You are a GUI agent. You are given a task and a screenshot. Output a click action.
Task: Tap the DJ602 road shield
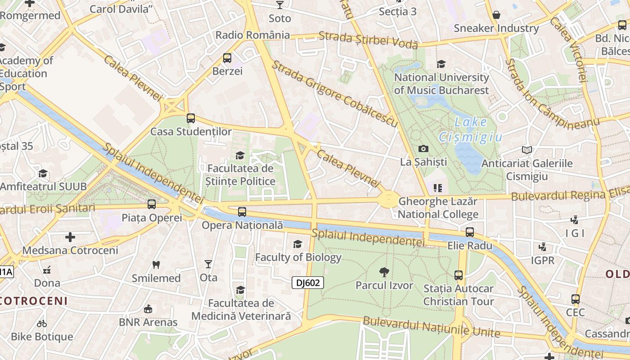tap(308, 283)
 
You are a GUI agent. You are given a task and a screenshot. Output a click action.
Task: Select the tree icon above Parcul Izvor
tap(384, 272)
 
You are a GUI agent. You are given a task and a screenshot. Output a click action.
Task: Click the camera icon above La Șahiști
tap(423, 148)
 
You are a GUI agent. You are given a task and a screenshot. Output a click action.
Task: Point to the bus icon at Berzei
tap(227, 58)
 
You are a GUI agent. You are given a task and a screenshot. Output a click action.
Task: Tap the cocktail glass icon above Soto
tap(280, 5)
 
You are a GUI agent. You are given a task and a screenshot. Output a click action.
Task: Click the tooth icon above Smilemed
tap(156, 265)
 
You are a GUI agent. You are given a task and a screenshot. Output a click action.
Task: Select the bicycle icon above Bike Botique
tap(42, 323)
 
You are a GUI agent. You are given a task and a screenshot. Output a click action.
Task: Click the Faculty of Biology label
tap(298, 257)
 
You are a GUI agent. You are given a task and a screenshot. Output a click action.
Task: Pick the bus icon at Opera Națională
tap(242, 211)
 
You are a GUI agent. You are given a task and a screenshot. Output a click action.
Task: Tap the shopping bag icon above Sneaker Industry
tap(496, 15)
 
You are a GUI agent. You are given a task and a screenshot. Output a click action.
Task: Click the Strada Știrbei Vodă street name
tap(369, 40)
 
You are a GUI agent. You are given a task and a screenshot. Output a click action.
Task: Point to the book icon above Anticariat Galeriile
tap(526, 150)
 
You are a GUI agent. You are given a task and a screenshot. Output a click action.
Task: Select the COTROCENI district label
tap(34, 301)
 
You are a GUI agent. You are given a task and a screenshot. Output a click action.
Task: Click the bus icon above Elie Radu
tap(470, 232)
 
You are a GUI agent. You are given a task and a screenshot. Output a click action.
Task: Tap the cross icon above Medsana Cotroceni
tap(70, 237)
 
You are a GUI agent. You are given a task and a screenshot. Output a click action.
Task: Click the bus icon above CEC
tap(575, 299)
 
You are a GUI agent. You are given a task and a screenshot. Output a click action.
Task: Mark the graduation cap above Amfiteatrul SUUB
tap(43, 173)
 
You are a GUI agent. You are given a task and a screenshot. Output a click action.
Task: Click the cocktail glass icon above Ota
tap(208, 264)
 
